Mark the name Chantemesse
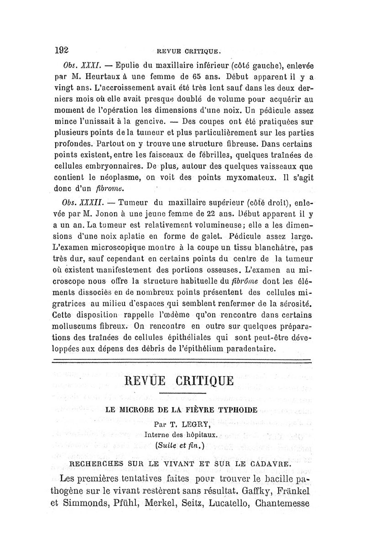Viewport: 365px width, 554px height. (x=283, y=504)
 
